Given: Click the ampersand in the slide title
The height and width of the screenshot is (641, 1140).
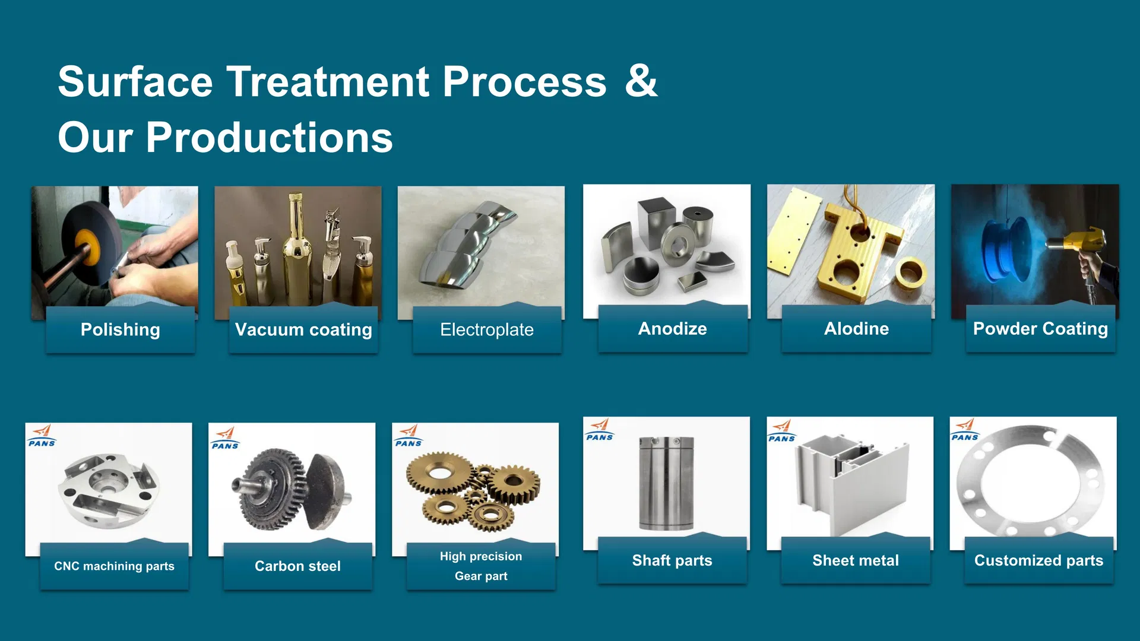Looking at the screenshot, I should click(641, 81).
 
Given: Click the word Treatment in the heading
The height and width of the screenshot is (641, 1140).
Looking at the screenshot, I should click(328, 81).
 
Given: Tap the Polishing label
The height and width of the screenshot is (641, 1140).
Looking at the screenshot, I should click(120, 329).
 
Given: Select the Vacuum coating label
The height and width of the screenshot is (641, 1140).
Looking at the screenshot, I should click(303, 329).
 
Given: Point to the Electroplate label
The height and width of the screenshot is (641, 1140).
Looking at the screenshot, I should click(487, 329).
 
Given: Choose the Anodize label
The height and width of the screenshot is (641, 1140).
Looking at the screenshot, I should click(672, 328).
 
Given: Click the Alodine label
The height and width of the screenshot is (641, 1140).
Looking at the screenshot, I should click(856, 328).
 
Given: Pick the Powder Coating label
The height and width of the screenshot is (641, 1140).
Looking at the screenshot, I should click(1040, 328).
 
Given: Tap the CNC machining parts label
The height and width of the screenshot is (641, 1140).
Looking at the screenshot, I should click(114, 566).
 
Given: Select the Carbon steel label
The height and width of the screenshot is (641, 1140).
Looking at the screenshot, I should click(297, 566).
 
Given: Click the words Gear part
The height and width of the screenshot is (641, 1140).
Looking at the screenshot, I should click(481, 576).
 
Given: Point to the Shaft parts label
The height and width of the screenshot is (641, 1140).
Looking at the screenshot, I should click(672, 560).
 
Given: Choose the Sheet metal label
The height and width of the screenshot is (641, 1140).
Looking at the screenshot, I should click(856, 560).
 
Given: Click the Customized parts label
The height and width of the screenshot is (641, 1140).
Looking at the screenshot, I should click(1038, 560).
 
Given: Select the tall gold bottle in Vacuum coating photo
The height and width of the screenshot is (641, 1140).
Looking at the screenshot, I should click(294, 249).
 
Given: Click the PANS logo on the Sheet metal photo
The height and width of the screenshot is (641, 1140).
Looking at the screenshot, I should click(781, 431).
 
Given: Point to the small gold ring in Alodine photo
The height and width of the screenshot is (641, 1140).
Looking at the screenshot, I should click(910, 273).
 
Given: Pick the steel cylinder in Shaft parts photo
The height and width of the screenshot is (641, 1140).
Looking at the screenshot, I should click(666, 484).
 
